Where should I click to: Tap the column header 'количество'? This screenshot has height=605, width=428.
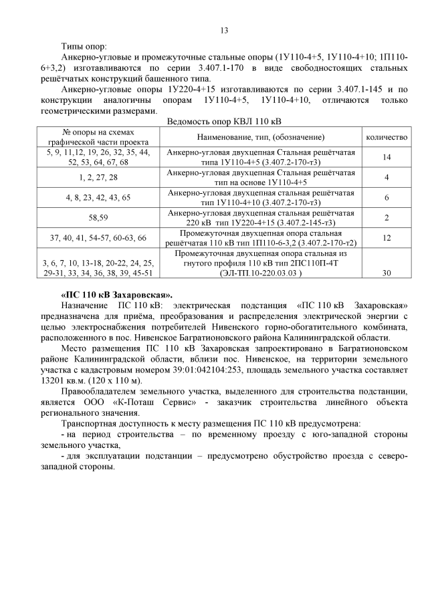tap(386, 136)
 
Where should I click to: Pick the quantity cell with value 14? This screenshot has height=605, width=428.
tap(386, 157)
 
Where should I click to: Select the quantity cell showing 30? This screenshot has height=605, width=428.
tap(386, 273)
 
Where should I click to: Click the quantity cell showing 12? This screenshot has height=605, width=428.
tap(386, 237)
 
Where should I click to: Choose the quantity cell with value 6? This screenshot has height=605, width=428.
tap(386, 197)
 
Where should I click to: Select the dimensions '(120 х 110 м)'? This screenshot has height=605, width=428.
tap(112, 380)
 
